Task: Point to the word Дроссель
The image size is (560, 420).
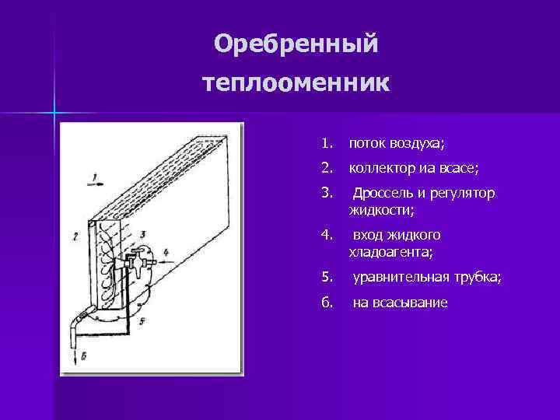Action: coord(384,193)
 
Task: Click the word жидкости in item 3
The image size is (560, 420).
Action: coord(380,210)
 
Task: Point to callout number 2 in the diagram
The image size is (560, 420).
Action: coord(75,234)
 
